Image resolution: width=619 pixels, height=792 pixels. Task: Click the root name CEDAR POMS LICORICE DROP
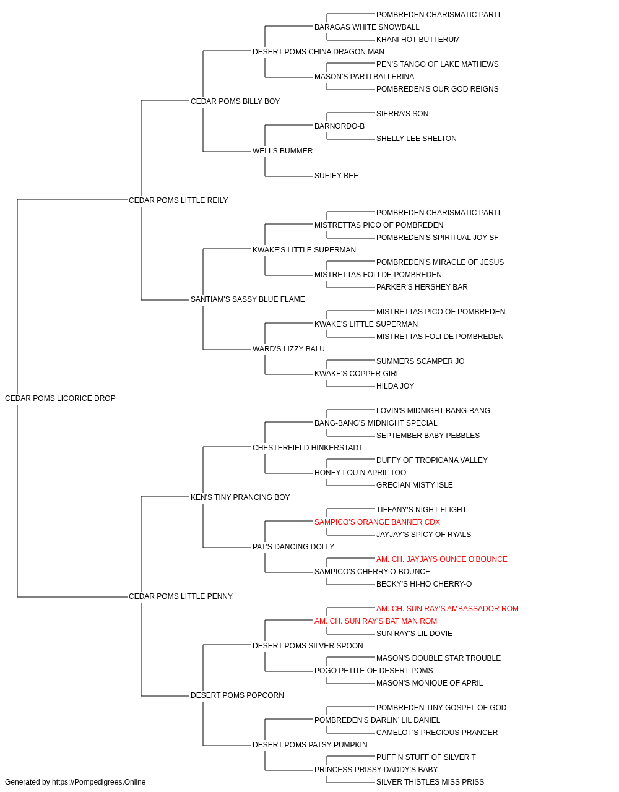point(60,398)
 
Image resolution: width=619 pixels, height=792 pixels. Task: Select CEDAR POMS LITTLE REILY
point(178,200)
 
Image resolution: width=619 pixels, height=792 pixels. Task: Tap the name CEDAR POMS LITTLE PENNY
point(181,596)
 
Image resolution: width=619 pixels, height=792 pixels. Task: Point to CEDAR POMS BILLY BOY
point(235,101)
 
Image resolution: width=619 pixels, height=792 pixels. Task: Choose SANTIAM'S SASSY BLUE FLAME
point(248,299)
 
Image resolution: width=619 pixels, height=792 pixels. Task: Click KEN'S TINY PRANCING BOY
point(240,497)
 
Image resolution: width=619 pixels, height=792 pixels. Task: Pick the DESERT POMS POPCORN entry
point(237,695)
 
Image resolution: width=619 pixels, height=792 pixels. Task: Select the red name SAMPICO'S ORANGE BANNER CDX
point(377,522)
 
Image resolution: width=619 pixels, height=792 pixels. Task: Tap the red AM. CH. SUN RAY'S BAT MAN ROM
point(376,621)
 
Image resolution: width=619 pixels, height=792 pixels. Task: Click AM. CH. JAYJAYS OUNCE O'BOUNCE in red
point(441,559)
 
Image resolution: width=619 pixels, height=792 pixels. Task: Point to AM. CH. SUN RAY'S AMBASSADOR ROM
point(448,609)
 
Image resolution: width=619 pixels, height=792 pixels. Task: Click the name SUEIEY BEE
point(336,176)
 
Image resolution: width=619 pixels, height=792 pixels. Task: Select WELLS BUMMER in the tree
point(282,151)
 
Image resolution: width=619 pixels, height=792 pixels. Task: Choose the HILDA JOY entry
point(395,386)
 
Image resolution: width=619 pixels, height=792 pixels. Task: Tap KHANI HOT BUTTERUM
point(418,40)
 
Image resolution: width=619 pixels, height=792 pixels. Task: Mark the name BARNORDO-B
point(339,126)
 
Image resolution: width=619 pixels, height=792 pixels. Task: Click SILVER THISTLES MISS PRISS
point(430,782)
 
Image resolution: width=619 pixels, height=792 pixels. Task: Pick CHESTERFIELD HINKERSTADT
point(308,447)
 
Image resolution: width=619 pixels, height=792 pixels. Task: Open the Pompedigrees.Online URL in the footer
point(98,782)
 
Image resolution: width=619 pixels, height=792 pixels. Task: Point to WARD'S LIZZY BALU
point(288,349)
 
